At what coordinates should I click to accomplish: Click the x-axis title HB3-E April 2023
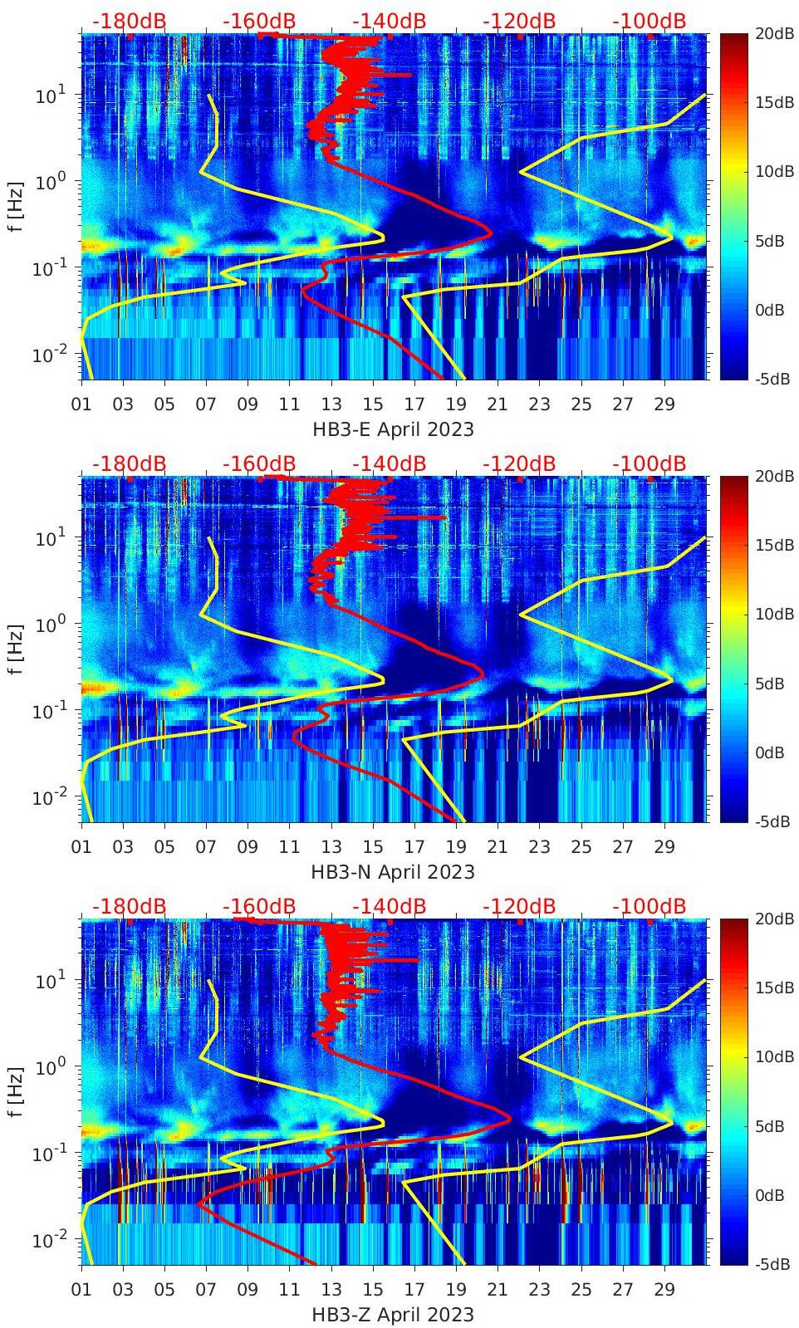click(393, 429)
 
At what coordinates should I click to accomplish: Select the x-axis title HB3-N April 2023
click(393, 872)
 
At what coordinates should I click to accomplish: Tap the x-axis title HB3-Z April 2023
click(393, 1315)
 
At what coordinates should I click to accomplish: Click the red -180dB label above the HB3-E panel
click(129, 21)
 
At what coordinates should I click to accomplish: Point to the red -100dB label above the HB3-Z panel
click(649, 906)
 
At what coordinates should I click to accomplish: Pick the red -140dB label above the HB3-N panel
click(389, 463)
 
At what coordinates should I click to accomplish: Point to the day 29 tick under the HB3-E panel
click(664, 404)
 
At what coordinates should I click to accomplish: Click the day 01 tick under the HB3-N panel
click(81, 847)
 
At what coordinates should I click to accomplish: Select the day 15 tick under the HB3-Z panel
click(373, 1290)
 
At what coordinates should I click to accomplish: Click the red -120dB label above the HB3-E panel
click(519, 21)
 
